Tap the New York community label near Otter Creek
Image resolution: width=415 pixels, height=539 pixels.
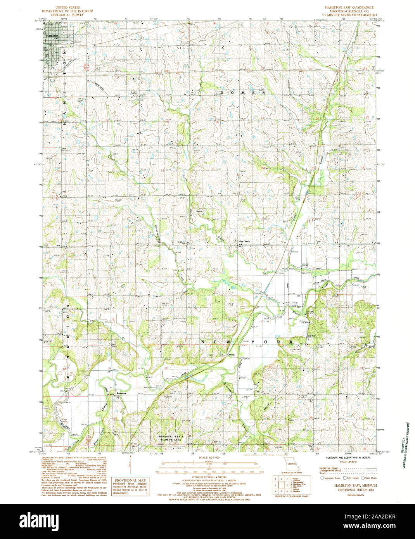[x=244, y=242]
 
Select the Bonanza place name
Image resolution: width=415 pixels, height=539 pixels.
[x=121, y=394]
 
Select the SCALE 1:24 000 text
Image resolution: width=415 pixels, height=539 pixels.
[x=208, y=459]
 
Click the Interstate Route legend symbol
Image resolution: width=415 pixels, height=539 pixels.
[x=322, y=479]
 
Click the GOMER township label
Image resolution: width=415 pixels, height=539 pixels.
[x=243, y=93]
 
